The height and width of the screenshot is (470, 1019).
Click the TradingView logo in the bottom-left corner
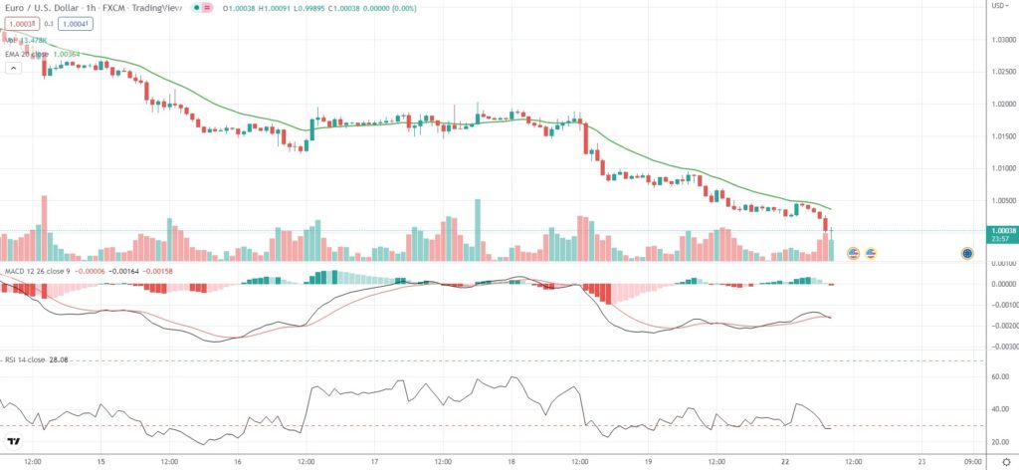pyautogui.click(x=15, y=441)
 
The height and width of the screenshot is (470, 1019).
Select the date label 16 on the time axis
pyautogui.click(x=238, y=462)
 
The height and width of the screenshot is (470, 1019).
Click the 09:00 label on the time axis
pyautogui.click(x=974, y=462)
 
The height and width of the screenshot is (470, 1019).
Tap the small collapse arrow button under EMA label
pyautogui.click(x=13, y=69)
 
